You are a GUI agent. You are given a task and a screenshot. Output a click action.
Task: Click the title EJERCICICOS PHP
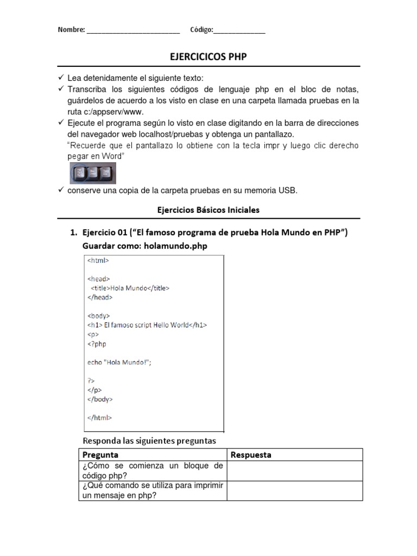coord(208,57)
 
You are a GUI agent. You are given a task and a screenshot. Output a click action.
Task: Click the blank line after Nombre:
coord(133,30)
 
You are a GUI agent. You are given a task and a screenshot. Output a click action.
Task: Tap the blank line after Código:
coord(239,30)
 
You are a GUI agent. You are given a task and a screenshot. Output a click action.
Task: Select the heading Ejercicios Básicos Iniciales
coord(208,209)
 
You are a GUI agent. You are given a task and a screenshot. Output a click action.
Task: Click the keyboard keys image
coord(93,173)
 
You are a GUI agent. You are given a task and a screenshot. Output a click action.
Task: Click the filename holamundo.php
coord(176,246)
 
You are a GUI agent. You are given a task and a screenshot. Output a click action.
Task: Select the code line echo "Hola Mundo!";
coord(119,362)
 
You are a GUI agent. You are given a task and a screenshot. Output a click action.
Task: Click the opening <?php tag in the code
coord(97,344)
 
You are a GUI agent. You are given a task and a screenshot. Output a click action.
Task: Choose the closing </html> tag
coord(99,418)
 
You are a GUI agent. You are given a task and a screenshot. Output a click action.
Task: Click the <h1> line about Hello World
coord(147,325)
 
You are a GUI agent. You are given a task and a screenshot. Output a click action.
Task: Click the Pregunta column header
coord(100,454)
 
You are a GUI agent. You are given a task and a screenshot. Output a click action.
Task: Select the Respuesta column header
coord(251,454)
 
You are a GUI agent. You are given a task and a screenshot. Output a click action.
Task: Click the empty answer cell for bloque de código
coord(294,471)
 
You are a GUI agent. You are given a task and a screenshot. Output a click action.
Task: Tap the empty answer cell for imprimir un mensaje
coord(294,490)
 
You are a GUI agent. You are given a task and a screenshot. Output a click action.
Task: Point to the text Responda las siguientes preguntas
coord(149,440)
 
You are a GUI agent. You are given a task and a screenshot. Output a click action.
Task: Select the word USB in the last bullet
coord(289,190)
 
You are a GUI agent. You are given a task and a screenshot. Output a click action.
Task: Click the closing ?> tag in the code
coord(91,381)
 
